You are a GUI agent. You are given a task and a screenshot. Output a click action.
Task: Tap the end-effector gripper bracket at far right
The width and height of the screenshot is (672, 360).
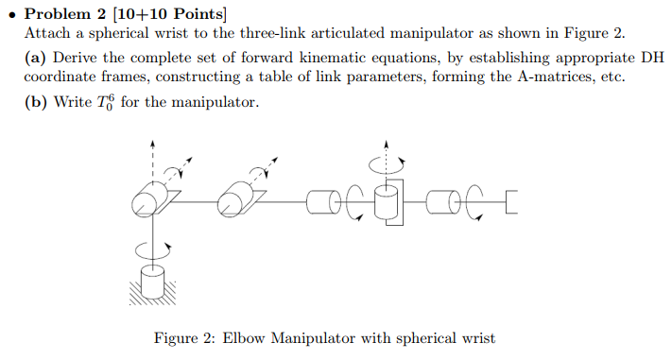(x=511, y=201)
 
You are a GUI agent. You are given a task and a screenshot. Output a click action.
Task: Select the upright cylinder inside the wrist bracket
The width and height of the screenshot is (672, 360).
(x=385, y=201)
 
